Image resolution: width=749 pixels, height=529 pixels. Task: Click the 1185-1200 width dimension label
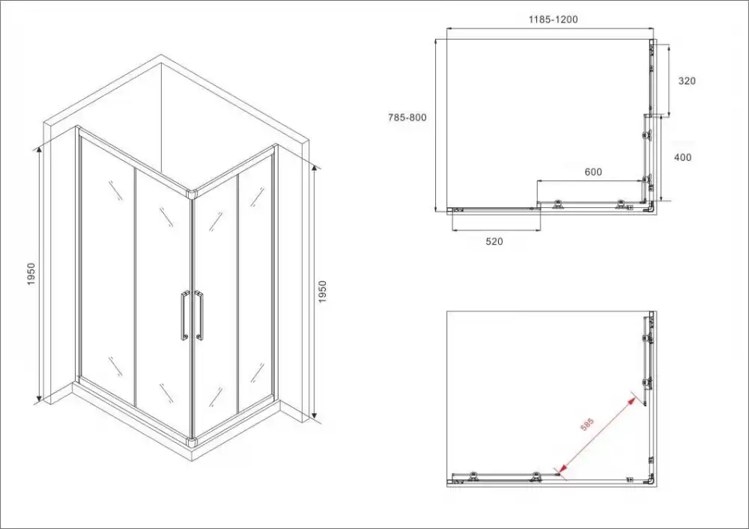[553, 19]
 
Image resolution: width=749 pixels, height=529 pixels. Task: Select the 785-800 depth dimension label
[407, 117]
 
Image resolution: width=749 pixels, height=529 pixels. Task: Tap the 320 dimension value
[687, 81]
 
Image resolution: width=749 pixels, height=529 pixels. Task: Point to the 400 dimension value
[682, 157]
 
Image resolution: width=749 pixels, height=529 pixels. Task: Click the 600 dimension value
[593, 172]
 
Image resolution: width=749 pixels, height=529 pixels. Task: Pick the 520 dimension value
[494, 242]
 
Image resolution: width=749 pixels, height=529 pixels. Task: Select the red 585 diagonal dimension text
[587, 424]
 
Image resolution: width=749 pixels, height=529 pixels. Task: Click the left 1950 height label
[31, 275]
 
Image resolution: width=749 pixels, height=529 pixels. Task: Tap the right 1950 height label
[322, 292]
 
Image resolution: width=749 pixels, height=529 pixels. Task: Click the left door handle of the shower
[184, 316]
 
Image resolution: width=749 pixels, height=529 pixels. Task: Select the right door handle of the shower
[198, 315]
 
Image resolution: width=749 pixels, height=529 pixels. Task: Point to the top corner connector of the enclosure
[192, 194]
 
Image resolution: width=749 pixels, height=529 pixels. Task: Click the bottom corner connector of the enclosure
[192, 442]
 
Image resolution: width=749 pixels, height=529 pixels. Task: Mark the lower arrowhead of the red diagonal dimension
[562, 471]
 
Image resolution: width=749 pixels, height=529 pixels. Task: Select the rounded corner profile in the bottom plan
[650, 480]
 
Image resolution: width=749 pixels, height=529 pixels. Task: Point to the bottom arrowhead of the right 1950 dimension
[315, 415]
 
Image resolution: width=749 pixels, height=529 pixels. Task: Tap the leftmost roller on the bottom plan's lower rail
[473, 476]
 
